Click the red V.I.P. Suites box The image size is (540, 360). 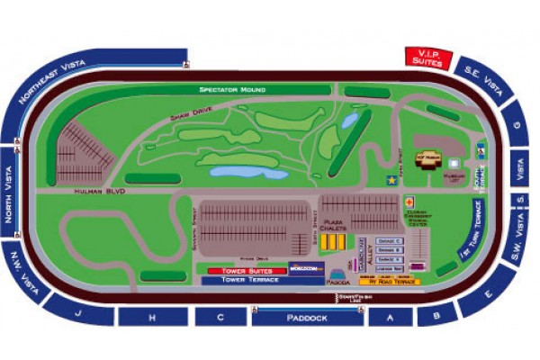click(x=426, y=58)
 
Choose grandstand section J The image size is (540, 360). click(x=80, y=314)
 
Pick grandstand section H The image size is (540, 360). click(x=152, y=318)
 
